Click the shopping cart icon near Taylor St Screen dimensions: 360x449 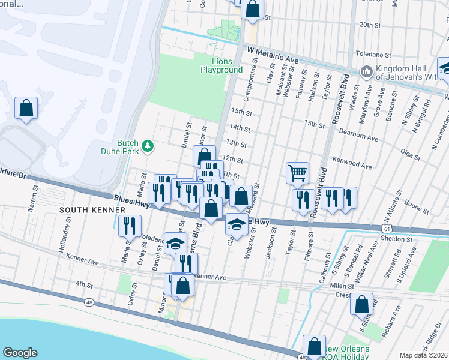[297, 173]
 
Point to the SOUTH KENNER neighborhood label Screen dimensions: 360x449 [83, 209]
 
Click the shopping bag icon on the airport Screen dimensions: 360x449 [26, 109]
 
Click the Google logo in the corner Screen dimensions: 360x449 [20, 352]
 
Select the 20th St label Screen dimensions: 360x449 [370, 25]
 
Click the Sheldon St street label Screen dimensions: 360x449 [397, 238]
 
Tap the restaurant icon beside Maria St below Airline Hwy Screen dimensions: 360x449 [128, 226]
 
